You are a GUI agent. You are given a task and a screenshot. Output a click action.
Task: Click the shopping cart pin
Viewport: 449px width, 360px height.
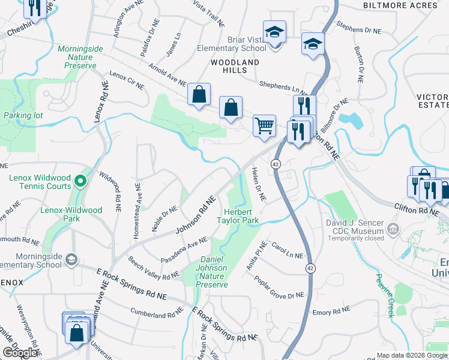tap(264, 126)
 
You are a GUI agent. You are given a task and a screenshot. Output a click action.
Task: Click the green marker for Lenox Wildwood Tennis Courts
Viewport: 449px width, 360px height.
tap(79, 178)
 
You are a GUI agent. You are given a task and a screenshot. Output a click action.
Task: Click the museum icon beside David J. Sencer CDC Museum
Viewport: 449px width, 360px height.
tap(393, 228)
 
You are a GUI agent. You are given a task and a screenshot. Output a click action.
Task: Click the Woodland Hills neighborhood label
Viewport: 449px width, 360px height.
tap(235, 66)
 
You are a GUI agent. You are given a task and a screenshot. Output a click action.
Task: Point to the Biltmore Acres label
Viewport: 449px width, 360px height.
tap(400, 5)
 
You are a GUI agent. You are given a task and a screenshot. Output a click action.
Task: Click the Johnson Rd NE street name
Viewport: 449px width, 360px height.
tap(195, 215)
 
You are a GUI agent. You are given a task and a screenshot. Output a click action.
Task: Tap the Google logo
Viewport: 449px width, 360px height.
tap(20, 352)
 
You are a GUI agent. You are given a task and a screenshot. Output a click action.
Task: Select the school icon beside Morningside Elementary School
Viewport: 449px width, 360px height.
tap(71, 259)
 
